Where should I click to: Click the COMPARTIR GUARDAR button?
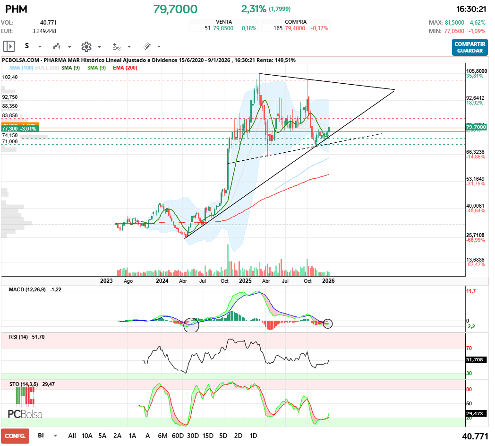[469, 47]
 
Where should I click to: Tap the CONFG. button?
[15, 436]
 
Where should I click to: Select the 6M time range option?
[162, 436]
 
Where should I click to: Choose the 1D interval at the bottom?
[253, 436]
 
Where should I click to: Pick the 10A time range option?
[87, 436]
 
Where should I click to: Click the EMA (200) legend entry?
[125, 68]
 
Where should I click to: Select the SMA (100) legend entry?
[21, 68]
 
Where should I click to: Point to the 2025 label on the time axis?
[245, 281]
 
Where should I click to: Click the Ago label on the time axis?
[128, 281]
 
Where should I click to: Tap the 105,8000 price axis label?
[477, 70]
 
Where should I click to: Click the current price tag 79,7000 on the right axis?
[476, 127]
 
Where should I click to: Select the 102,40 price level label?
[10, 77]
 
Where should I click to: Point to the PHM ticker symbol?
[16, 9]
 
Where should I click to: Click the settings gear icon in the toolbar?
[86, 46]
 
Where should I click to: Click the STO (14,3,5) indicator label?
[24, 385]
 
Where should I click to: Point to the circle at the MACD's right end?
[328, 324]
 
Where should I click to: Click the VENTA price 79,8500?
[222, 28]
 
